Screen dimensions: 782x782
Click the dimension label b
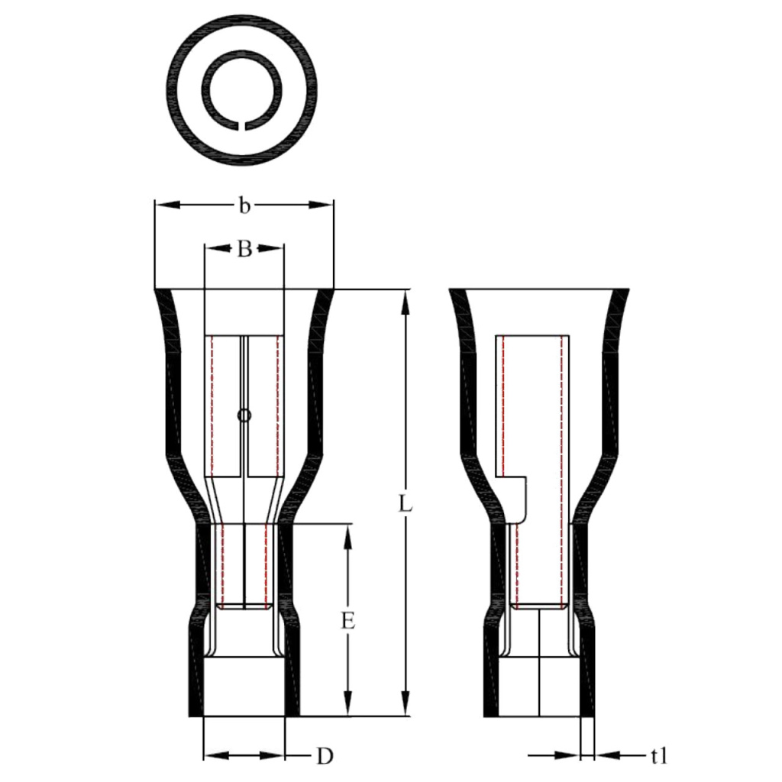pyautogui.click(x=244, y=205)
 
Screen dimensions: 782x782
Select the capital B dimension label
pyautogui.click(x=244, y=249)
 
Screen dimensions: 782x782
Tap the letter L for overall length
pyautogui.click(x=406, y=504)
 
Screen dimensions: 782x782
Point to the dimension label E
pyautogui.click(x=348, y=621)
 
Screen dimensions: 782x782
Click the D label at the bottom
pyautogui.click(x=325, y=756)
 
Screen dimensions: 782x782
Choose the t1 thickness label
pyautogui.click(x=659, y=756)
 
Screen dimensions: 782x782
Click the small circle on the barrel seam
pyautogui.click(x=244, y=416)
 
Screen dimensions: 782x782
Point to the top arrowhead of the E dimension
pyautogui.click(x=348, y=534)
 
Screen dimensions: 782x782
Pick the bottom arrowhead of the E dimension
pyautogui.click(x=348, y=707)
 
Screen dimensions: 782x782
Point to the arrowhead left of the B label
pyautogui.click(x=216, y=248)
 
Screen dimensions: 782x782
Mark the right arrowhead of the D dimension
pyautogui.click(x=274, y=756)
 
